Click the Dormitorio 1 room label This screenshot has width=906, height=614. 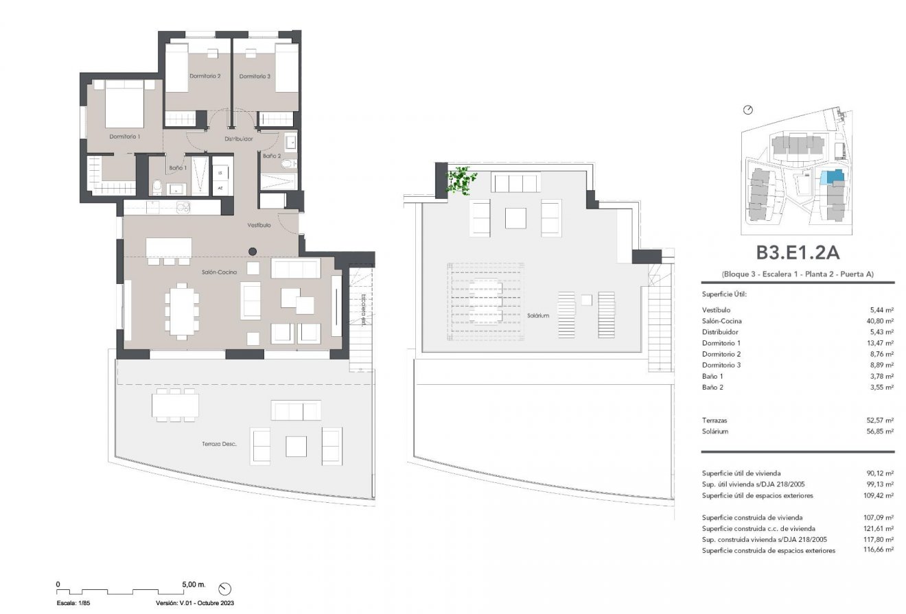125,137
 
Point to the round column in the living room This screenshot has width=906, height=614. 253,251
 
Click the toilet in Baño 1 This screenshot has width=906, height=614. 157,186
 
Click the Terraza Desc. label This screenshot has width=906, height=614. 220,445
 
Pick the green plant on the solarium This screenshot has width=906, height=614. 461,179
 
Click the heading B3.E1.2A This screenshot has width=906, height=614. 798,253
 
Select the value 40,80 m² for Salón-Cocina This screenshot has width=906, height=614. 881,321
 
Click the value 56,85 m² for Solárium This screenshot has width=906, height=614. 881,432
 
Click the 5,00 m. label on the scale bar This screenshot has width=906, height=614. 194,585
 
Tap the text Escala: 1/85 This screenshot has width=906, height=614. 73,604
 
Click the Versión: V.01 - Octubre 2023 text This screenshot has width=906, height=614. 196,604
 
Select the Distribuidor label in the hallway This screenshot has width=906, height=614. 239,139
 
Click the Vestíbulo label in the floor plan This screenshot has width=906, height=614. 259,225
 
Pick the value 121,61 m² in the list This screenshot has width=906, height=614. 879,528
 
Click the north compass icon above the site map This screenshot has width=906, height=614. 748,110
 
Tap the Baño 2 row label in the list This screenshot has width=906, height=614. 712,388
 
